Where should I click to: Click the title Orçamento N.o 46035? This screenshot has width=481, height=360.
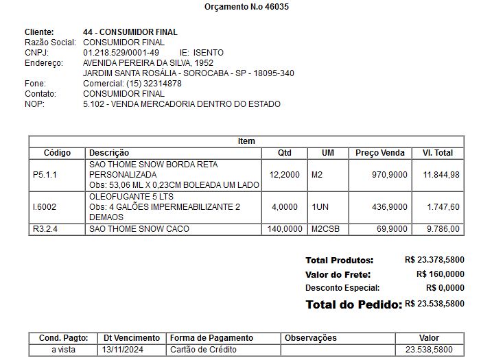(x=246, y=7)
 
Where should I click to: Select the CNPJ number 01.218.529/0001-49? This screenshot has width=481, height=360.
(x=121, y=53)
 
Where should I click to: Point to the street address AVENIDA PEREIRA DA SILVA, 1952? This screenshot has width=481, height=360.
(x=148, y=63)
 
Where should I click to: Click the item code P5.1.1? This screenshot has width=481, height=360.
(x=45, y=175)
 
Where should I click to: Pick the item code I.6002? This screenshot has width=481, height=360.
(x=45, y=206)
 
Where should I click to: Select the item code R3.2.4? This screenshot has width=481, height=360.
(x=45, y=229)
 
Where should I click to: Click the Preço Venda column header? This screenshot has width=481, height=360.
(x=380, y=153)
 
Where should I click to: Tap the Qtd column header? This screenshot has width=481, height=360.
(x=284, y=153)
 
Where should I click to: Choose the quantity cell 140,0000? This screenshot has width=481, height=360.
(x=285, y=229)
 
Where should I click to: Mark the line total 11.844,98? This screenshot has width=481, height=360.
(x=441, y=175)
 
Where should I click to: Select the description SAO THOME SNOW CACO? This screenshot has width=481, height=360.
(x=139, y=229)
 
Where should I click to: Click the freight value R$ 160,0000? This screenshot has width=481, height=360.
(x=440, y=274)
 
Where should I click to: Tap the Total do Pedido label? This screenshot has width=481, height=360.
(x=353, y=304)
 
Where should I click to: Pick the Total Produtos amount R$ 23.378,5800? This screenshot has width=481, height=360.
(x=434, y=261)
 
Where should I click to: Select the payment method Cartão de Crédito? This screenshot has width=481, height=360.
(x=203, y=350)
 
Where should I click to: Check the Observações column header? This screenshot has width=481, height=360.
(x=311, y=338)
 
